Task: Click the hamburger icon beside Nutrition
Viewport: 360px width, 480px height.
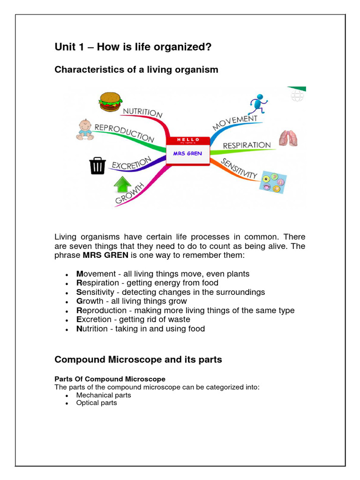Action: point(110,102)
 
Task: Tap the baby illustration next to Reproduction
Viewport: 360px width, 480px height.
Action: point(85,130)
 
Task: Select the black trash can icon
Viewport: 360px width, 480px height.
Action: point(97,165)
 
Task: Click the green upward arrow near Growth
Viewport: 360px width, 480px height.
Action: point(122,185)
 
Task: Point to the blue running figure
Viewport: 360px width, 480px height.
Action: point(258,104)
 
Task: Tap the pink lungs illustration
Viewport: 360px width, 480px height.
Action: point(288,138)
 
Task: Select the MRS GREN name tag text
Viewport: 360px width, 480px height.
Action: point(188,154)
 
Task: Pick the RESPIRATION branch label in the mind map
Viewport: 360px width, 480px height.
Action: point(247,145)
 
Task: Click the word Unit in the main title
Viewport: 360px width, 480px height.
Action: point(65,47)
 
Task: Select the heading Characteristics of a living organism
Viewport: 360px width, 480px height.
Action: point(136,70)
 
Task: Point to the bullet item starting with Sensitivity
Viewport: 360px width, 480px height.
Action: point(171,292)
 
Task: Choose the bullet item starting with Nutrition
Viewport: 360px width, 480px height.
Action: point(141,329)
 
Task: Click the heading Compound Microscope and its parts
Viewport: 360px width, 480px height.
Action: point(138,360)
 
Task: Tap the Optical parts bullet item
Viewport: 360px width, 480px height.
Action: point(97,403)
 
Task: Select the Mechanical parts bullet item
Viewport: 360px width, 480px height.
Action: point(104,395)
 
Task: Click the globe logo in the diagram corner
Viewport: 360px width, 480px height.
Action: point(297,96)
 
